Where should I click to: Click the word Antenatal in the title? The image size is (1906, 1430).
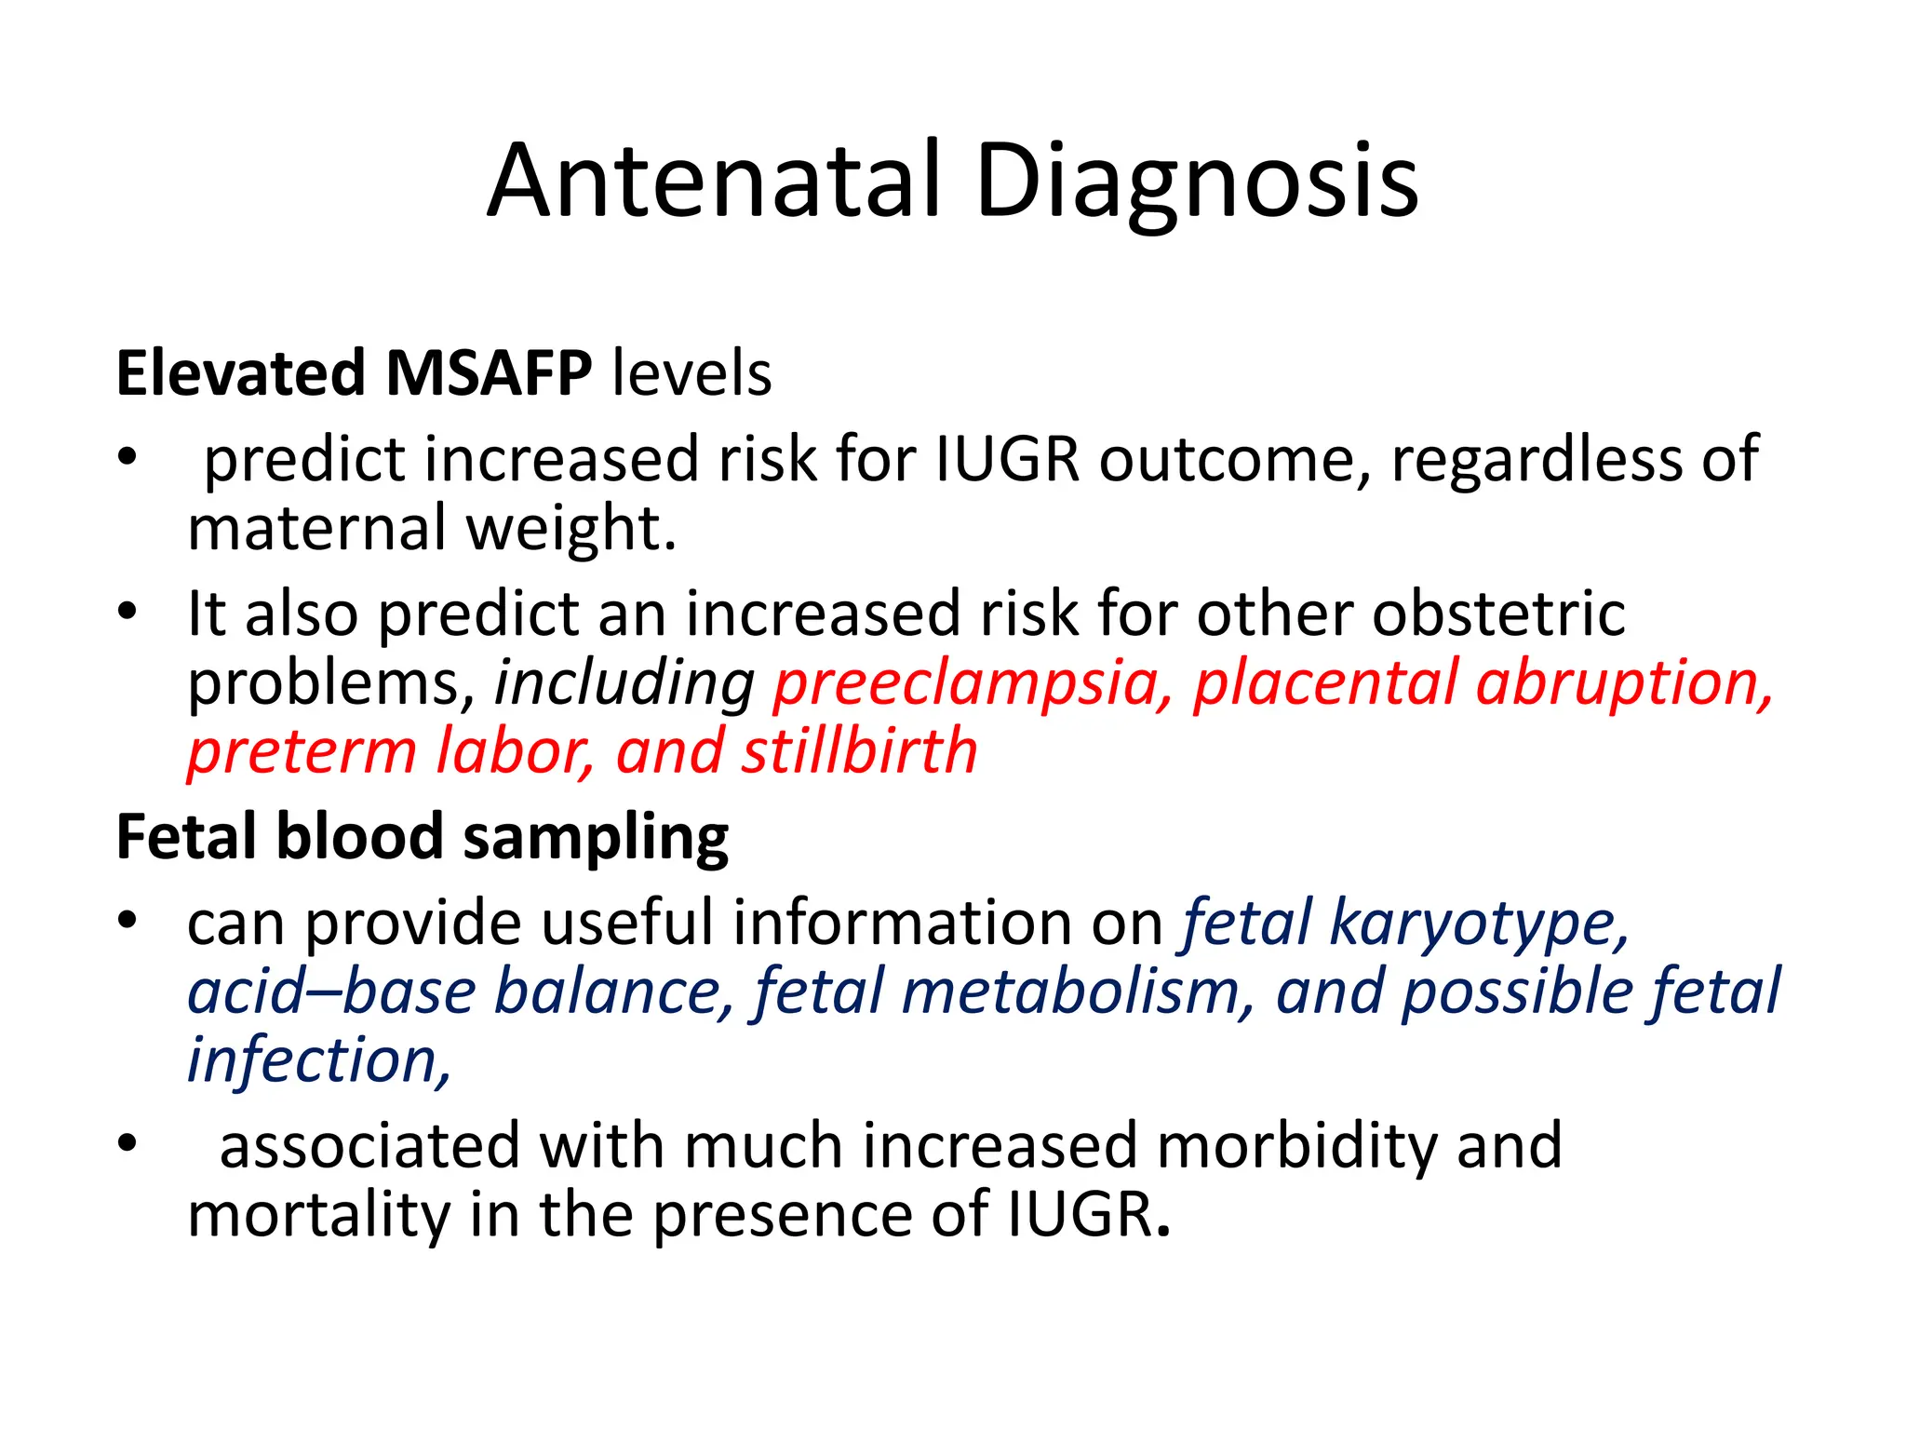tap(712, 182)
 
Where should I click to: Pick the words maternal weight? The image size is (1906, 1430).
tap(431, 528)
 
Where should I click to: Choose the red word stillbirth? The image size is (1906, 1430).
tap(858, 751)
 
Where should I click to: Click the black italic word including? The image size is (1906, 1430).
tap(624, 684)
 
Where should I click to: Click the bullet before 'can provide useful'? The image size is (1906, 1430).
tap(128, 922)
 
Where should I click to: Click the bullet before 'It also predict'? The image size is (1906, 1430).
tap(128, 613)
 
